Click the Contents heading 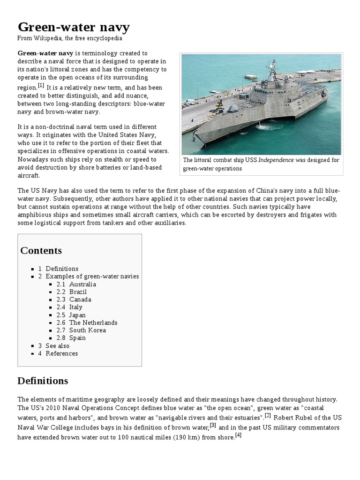[x=41, y=250]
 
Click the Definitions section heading [x=43, y=381]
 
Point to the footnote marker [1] [x=41, y=85]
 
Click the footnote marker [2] [x=268, y=415]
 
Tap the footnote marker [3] [x=213, y=425]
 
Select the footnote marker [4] [x=238, y=435]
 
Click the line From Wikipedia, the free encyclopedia [x=70, y=38]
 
